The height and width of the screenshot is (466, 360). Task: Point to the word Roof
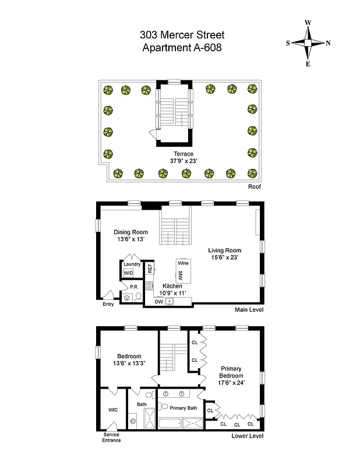[x=253, y=187]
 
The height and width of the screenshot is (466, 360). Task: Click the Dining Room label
[x=130, y=232]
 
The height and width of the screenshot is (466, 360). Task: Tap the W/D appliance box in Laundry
[x=128, y=272]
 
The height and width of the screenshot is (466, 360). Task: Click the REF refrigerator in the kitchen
[x=150, y=269]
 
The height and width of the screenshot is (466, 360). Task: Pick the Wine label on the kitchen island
[x=183, y=263]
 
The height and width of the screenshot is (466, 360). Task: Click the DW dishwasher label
[x=158, y=302]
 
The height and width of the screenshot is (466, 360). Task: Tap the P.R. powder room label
[x=133, y=287]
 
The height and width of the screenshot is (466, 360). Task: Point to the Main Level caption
[x=249, y=309]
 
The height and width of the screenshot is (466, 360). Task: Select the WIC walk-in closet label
[x=112, y=409]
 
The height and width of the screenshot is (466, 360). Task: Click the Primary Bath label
[x=183, y=408]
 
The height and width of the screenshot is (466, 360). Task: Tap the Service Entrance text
[x=112, y=437]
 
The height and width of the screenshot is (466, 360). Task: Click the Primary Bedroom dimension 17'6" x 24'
[x=231, y=383]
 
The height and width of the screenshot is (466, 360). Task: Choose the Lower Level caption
[x=248, y=436]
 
